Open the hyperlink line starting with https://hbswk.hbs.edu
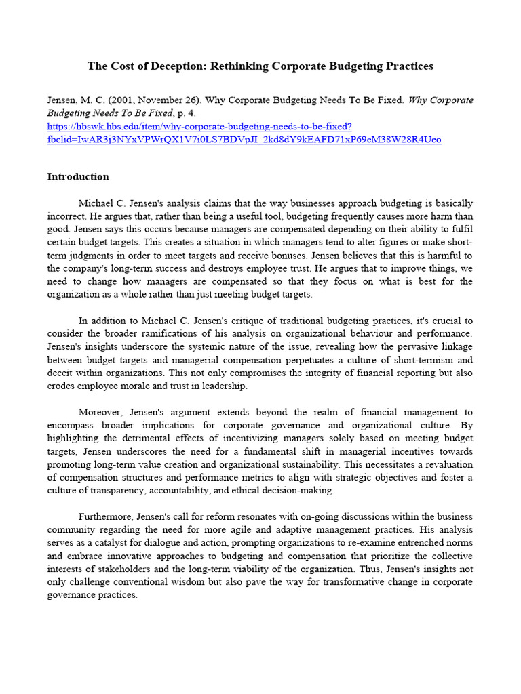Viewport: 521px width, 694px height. pos(199,127)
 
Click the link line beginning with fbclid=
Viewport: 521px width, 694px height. pos(244,140)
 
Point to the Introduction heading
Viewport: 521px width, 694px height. pos(77,177)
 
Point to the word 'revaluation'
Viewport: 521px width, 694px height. pos(446,464)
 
